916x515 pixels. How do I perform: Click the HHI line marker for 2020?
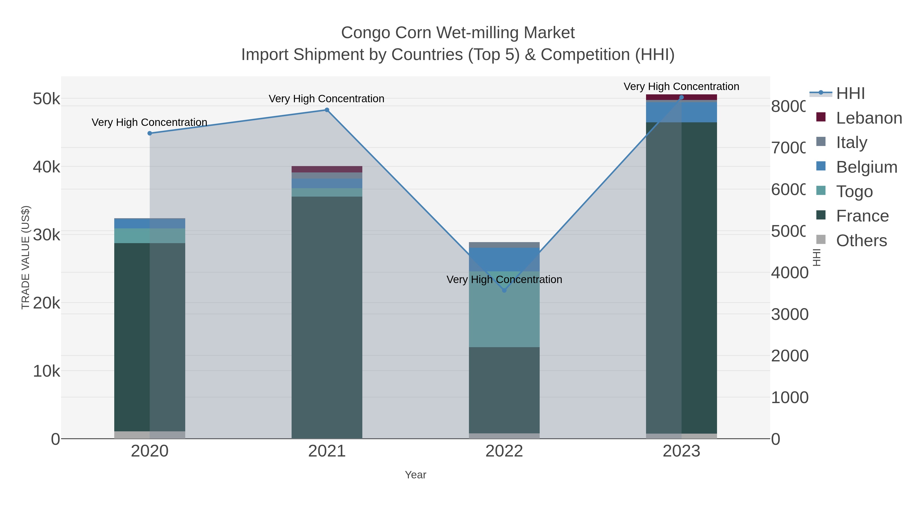(150, 133)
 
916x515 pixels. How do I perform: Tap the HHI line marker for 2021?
(327, 110)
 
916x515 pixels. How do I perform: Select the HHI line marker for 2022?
(504, 290)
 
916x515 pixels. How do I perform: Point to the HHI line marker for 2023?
(681, 97)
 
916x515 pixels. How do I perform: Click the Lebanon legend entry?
(869, 118)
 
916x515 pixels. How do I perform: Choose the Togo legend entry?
(854, 192)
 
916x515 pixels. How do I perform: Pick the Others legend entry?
(861, 241)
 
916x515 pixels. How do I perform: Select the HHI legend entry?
(850, 94)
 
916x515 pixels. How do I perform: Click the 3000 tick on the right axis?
(789, 315)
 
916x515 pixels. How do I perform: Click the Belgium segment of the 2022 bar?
(504, 259)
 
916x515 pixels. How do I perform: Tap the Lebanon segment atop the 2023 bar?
(681, 97)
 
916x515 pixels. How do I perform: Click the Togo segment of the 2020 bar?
(150, 236)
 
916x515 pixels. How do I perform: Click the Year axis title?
(415, 475)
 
